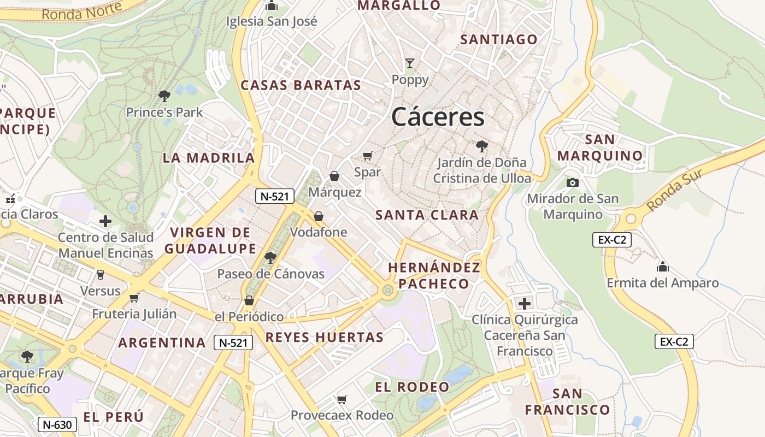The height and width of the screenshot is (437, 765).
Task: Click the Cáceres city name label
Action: coord(438,117)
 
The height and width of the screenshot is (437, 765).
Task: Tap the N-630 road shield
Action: coord(57,424)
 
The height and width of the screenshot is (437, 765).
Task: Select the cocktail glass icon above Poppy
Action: coord(410,63)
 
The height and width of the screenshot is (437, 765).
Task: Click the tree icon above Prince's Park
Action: coord(164,97)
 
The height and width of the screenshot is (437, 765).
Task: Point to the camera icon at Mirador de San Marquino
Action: coord(572,182)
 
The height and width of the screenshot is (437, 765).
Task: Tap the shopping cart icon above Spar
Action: coord(367,156)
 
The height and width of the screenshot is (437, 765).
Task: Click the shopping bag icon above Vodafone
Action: coord(319,216)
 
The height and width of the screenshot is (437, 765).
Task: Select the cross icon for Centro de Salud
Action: coord(105,221)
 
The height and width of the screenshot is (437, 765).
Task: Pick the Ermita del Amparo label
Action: coord(663,283)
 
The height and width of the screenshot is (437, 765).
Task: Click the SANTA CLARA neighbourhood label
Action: coord(427,215)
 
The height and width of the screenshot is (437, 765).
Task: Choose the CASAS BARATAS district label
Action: coord(301,85)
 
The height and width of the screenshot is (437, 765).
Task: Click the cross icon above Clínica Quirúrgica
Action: coord(525,303)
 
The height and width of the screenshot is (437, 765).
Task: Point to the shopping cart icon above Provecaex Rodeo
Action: coord(342,399)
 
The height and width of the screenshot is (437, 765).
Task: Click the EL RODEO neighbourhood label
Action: coord(412,387)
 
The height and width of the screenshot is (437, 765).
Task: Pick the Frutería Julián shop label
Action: coord(134,314)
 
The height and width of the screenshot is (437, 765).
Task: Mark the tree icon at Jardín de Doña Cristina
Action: coord(481,146)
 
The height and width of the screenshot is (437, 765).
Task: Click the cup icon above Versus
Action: coord(100,274)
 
